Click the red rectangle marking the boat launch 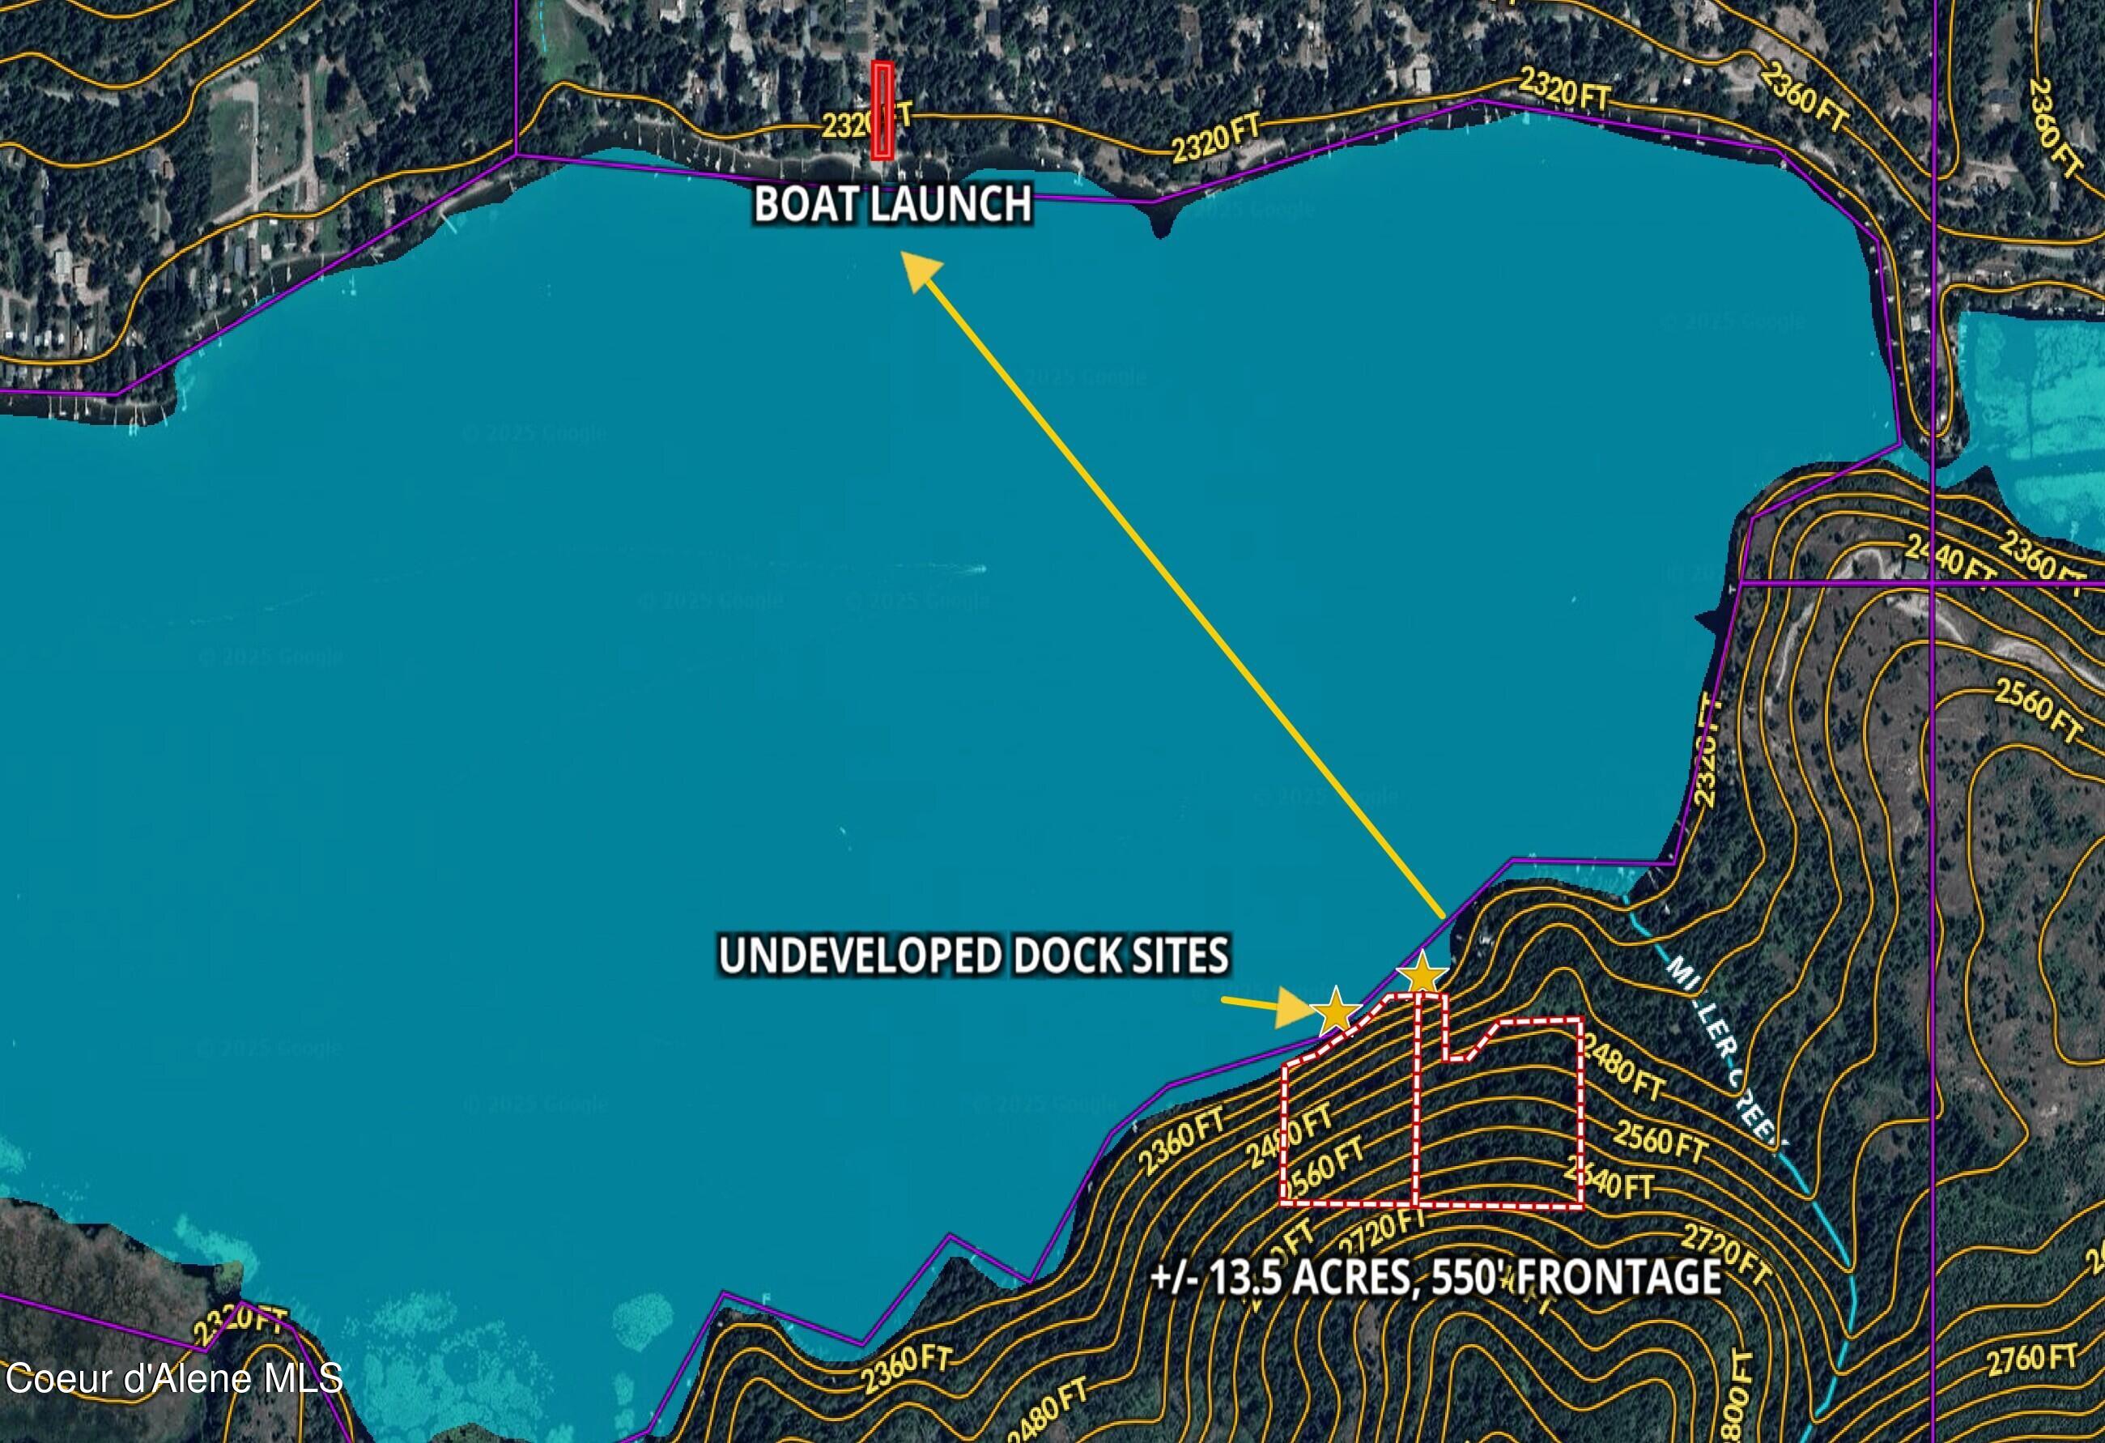click(x=882, y=110)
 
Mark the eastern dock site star click(x=1421, y=976)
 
